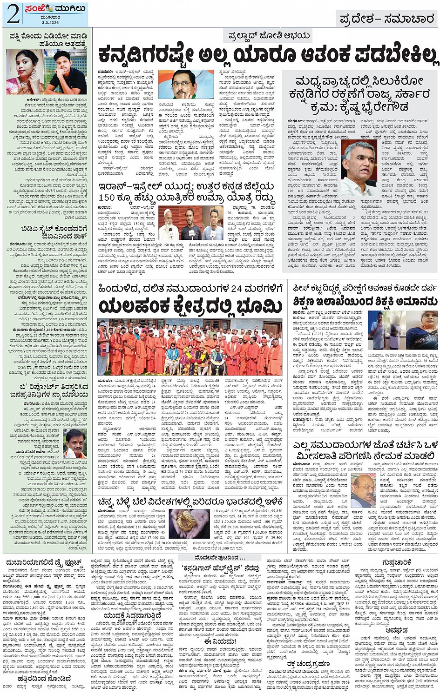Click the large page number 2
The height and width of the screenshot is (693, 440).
(13, 14)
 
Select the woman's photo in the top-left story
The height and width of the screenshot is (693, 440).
(22, 72)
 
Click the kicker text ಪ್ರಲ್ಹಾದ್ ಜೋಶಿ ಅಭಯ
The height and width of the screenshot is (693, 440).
(269, 36)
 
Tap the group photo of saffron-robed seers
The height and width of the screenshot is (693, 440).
(190, 347)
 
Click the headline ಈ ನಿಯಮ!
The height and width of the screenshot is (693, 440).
(220, 641)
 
